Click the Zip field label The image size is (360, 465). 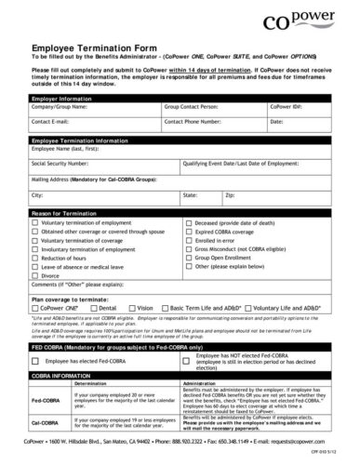(230, 196)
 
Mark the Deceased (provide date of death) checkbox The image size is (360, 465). (191, 224)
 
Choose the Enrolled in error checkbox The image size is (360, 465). (191, 241)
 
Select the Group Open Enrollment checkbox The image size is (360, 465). (191, 258)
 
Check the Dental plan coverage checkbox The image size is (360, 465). (94, 306)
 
